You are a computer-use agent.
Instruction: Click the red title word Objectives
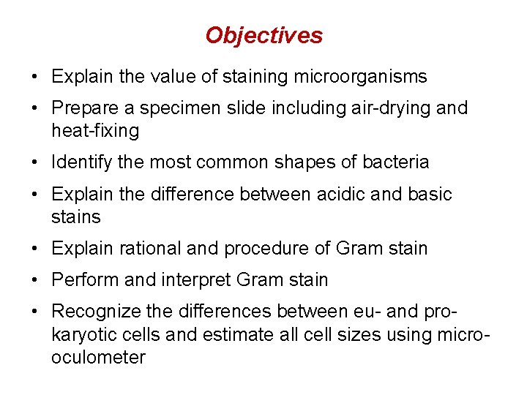263,35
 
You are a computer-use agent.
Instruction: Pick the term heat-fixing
95,131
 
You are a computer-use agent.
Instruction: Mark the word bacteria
395,162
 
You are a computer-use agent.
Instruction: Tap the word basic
430,195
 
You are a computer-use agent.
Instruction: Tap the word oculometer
98,358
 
